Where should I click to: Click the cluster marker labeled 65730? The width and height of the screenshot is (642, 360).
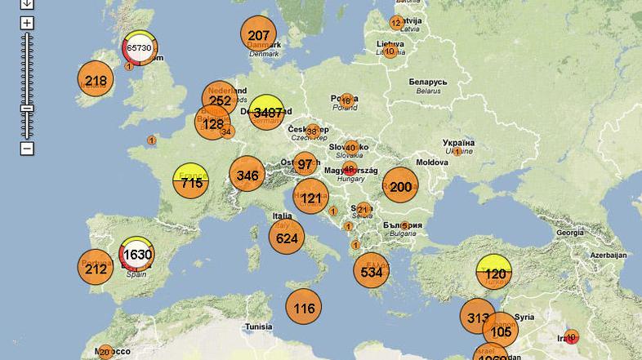click(x=140, y=48)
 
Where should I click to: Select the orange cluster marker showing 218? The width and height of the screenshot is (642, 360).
click(x=96, y=81)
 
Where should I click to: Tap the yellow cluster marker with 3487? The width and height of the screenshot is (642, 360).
click(x=267, y=113)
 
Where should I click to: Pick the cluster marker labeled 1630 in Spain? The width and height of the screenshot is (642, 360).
click(x=137, y=255)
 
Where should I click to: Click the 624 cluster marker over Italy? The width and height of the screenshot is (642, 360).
click(x=287, y=238)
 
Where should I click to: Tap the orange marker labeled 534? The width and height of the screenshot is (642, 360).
click(x=372, y=272)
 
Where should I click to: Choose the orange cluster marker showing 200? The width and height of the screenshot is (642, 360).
click(x=400, y=187)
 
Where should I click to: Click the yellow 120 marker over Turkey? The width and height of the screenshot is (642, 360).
click(x=493, y=273)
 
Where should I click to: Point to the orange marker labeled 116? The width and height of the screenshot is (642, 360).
click(x=304, y=308)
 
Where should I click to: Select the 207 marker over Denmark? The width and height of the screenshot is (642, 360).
click(x=258, y=35)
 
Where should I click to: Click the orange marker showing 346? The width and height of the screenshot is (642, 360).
click(x=247, y=175)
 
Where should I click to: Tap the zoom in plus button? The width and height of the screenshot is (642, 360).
click(x=27, y=23)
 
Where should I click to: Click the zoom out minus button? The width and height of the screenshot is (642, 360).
click(x=27, y=149)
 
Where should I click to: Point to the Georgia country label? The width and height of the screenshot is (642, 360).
click(x=569, y=233)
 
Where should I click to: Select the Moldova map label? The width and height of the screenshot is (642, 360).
click(x=432, y=162)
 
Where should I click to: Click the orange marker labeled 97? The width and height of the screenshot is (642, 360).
click(x=305, y=164)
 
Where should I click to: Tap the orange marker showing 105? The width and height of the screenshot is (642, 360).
click(x=501, y=331)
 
